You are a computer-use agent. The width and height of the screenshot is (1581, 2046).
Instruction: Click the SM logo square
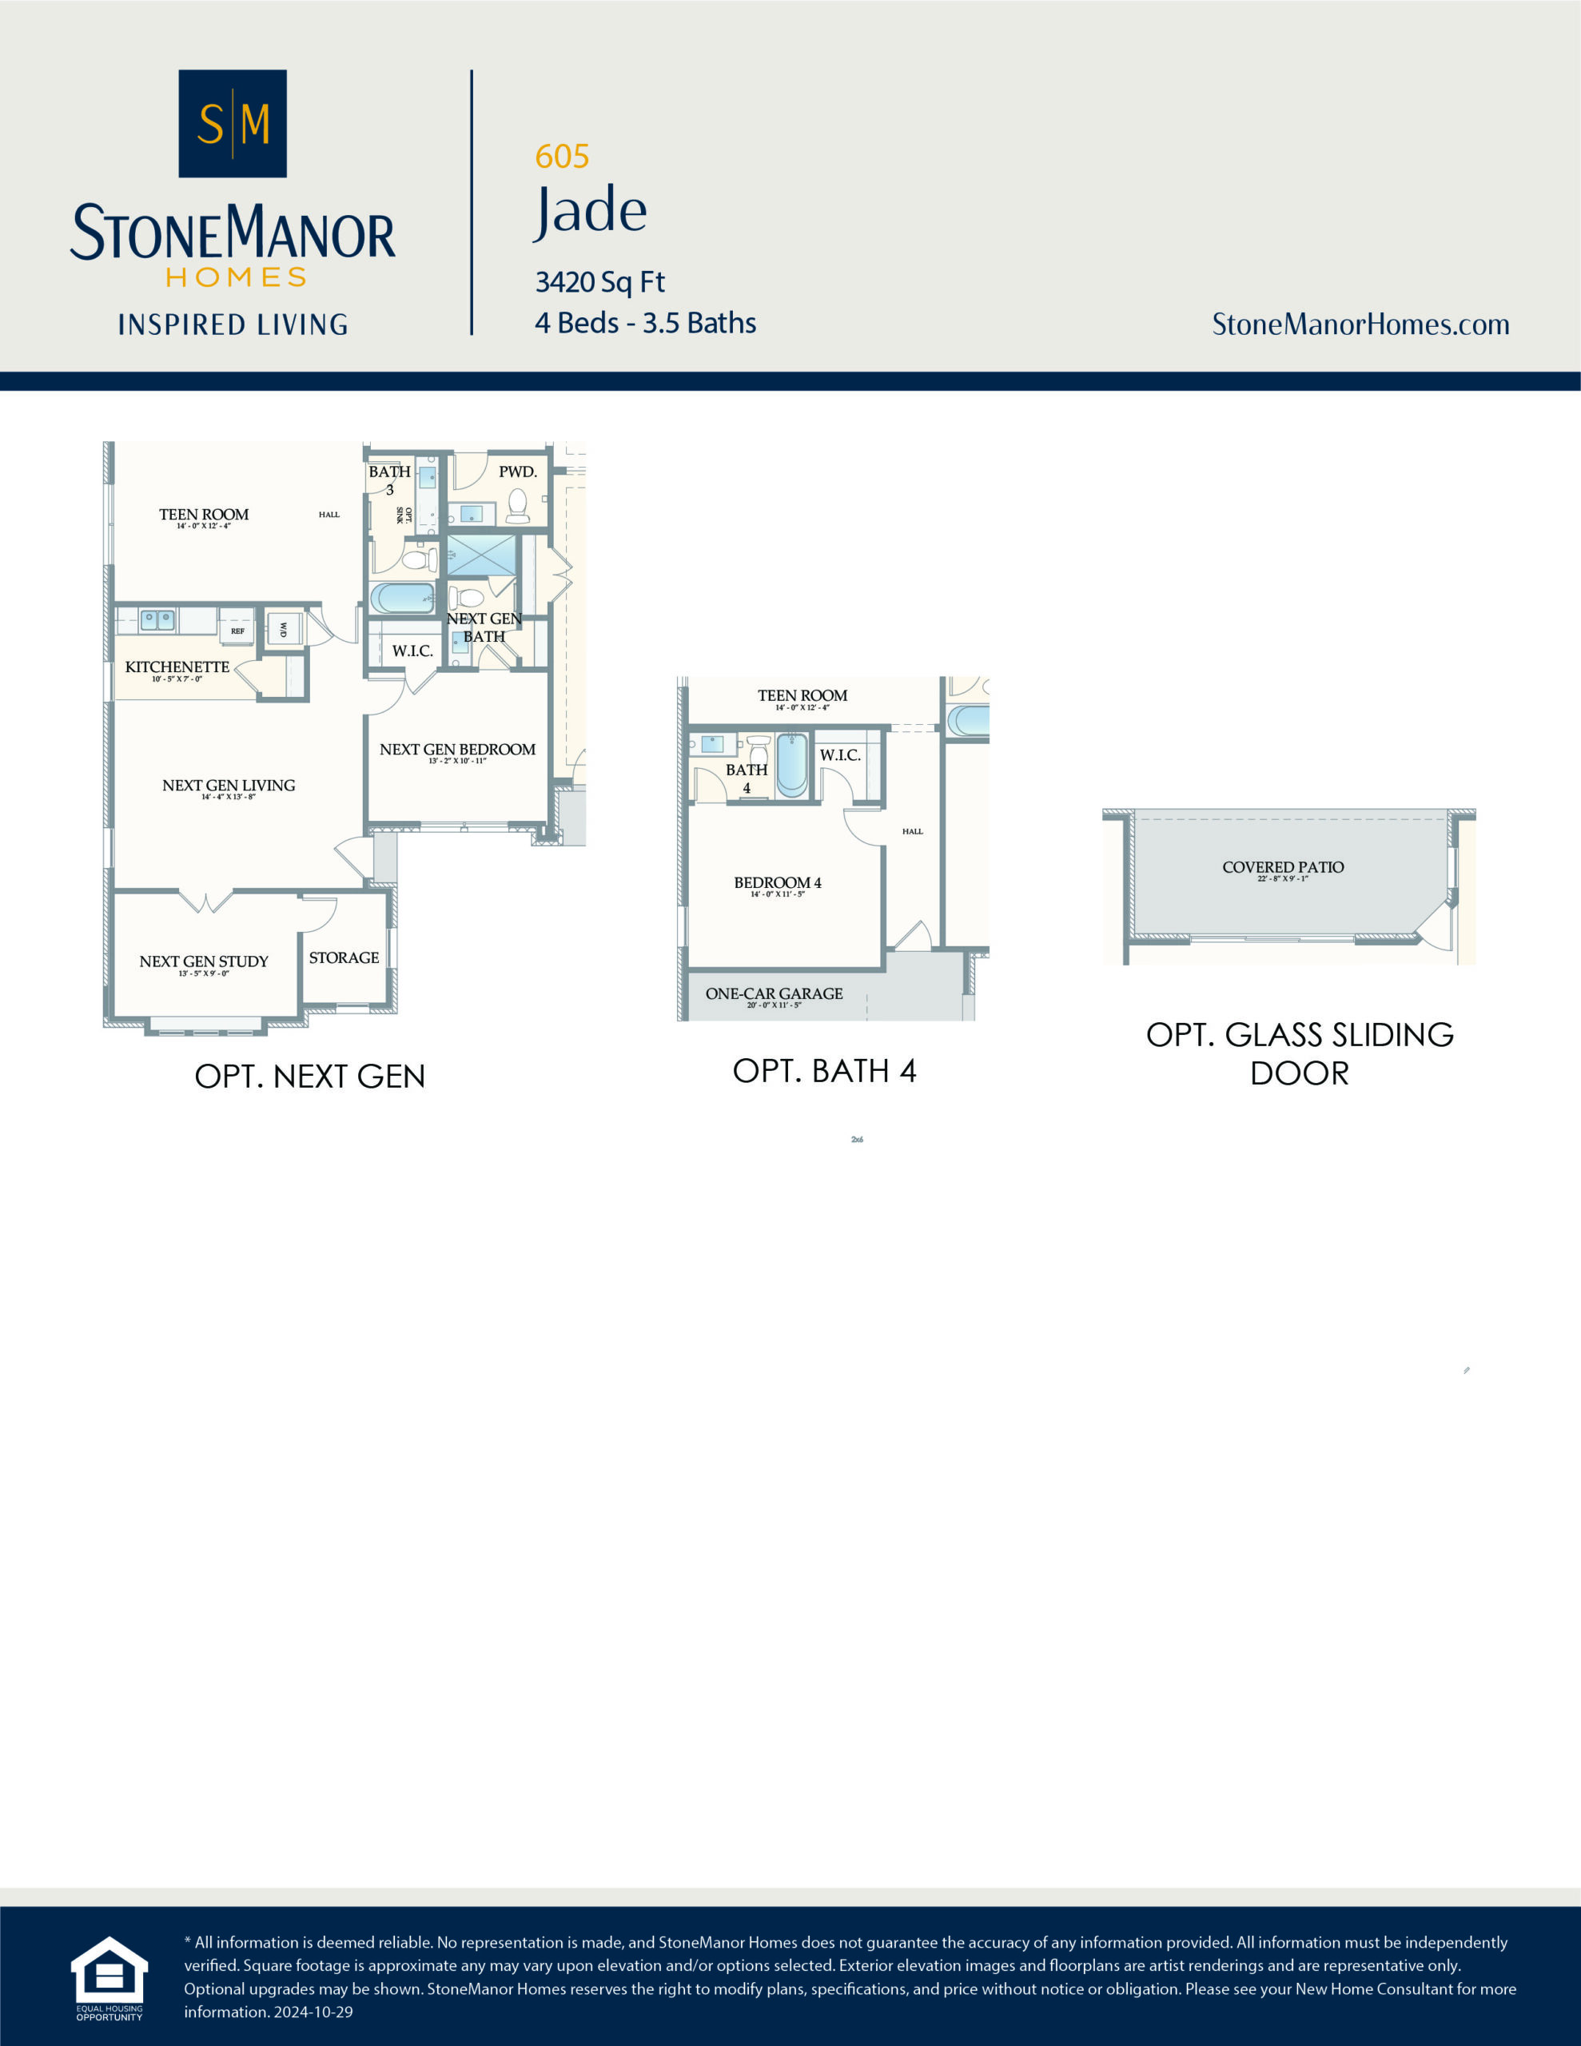tap(233, 123)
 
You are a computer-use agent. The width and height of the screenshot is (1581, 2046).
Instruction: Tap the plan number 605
tap(561, 157)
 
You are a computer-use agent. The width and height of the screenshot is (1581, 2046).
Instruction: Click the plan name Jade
tap(591, 211)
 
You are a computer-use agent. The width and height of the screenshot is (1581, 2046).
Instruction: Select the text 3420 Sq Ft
tap(599, 282)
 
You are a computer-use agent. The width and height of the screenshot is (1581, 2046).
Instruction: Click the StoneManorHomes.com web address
tap(1360, 324)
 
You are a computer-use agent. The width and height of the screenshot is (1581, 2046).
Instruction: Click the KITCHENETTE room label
tap(177, 667)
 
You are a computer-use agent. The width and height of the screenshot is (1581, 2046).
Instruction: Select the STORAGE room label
tap(344, 957)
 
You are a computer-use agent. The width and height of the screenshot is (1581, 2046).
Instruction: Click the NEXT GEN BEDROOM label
tap(457, 750)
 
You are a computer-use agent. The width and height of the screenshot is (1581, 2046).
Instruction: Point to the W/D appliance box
tap(284, 629)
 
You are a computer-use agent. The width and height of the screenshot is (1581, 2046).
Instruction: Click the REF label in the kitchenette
tap(238, 631)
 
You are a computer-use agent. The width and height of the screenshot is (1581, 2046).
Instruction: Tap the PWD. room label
tap(517, 472)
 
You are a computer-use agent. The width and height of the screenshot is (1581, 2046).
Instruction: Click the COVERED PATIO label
tap(1282, 867)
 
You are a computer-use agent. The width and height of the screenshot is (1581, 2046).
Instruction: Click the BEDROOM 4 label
tap(777, 882)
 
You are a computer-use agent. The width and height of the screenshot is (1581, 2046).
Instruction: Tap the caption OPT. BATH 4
tap(824, 1071)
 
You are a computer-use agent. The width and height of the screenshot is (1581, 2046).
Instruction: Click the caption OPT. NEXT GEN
tap(309, 1077)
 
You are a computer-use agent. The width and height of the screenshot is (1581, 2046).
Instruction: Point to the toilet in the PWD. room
tap(517, 505)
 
